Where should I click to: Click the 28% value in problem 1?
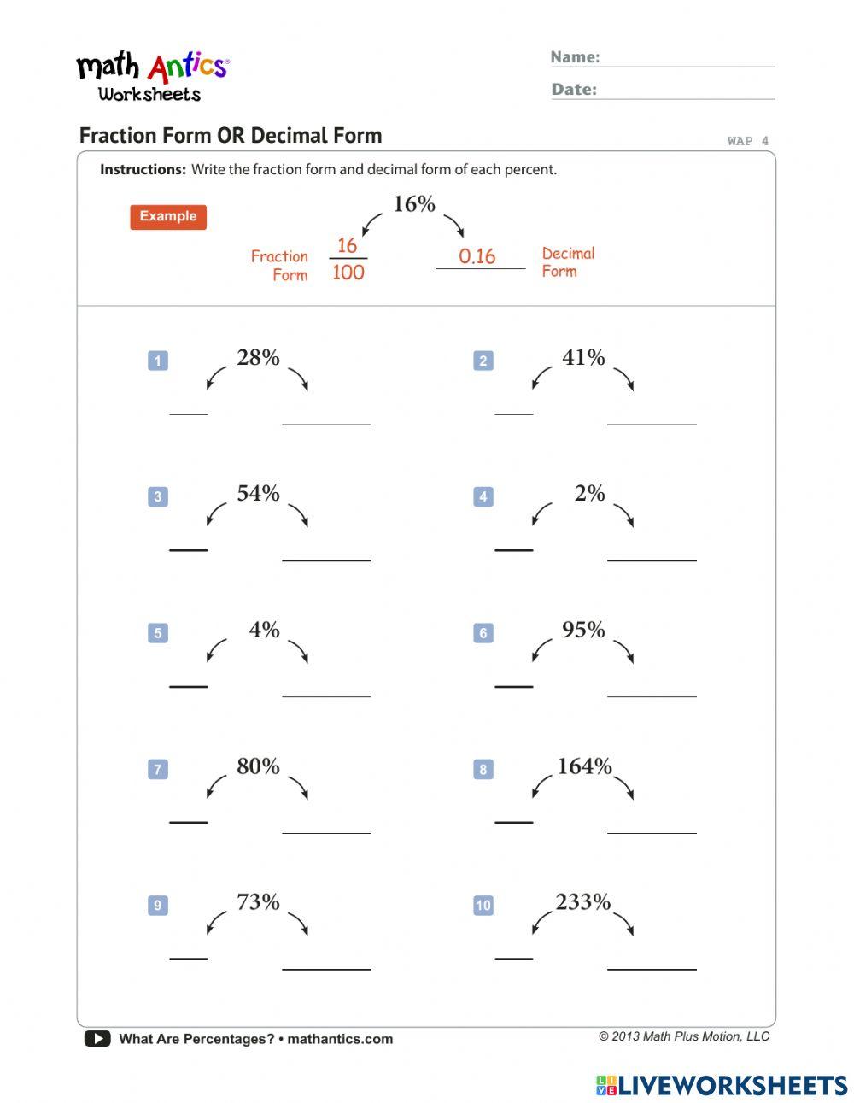point(258,358)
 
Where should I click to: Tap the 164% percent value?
point(584,766)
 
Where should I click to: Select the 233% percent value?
point(583,902)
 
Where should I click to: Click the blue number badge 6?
point(483,633)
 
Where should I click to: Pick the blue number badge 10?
point(483,906)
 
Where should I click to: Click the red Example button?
point(168,217)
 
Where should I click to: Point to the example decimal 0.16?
point(477,256)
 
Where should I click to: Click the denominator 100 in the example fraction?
point(348,273)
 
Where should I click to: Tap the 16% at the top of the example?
point(414,204)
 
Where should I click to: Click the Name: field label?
point(575,57)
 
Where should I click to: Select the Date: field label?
point(574,90)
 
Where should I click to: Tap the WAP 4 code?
point(747,141)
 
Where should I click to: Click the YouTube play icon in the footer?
point(97,1039)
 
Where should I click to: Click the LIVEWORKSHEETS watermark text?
point(733,1085)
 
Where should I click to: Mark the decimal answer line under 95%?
point(652,695)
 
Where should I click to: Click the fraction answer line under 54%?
point(189,549)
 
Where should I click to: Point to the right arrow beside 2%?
point(624,516)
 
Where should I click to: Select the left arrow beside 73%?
point(216,924)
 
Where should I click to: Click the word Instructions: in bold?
point(143,170)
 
